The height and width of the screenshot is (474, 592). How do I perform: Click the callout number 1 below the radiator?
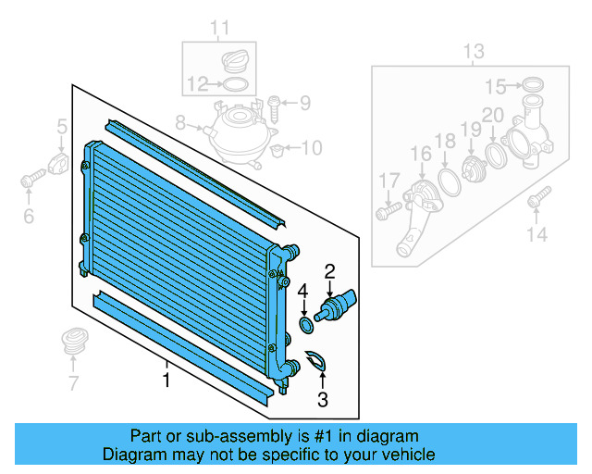(x=166, y=380)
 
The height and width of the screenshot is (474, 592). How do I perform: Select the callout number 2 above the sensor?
(x=328, y=271)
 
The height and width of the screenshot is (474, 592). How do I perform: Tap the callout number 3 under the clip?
(x=323, y=399)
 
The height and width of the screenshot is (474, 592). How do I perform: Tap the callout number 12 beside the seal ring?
(x=196, y=85)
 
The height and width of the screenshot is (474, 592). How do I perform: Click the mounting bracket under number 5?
(x=61, y=166)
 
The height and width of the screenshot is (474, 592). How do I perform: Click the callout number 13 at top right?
(x=473, y=51)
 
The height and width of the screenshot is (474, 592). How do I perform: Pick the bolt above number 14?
(x=536, y=198)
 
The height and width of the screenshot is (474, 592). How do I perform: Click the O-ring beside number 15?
(x=532, y=87)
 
